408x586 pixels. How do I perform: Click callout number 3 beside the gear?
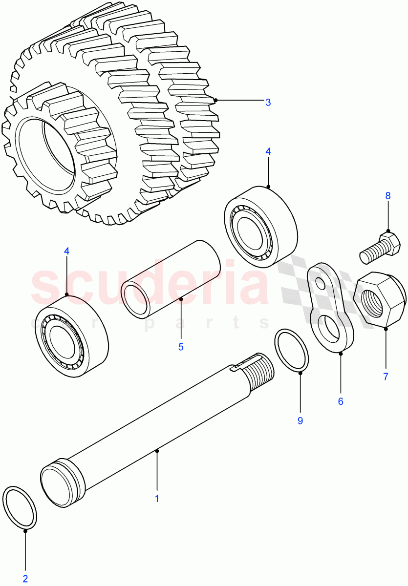click(x=268, y=103)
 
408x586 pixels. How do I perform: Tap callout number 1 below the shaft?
click(x=157, y=499)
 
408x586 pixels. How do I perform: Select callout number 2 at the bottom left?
click(x=25, y=579)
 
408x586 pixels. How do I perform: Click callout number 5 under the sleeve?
click(x=180, y=347)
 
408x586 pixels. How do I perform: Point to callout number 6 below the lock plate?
click(x=341, y=401)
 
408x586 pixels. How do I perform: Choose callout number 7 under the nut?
click(x=386, y=377)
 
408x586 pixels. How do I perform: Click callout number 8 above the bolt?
click(x=388, y=196)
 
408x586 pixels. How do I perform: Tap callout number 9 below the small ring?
click(x=300, y=420)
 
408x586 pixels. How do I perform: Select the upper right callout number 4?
click(x=268, y=151)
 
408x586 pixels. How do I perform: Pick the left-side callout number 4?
click(x=67, y=251)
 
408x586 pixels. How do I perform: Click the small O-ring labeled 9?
click(x=292, y=351)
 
